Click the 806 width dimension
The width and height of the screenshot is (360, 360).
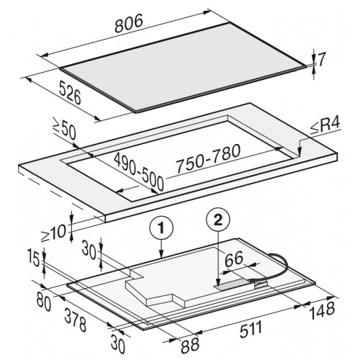coord(129,23)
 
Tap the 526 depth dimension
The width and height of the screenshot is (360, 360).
coord(70,92)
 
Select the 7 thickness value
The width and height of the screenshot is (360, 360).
coord(322,60)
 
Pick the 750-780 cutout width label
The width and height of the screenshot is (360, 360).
coord(208,158)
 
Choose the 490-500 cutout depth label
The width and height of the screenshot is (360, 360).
coord(139,171)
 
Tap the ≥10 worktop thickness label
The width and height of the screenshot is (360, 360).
coord(53,233)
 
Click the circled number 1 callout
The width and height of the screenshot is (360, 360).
coord(161,228)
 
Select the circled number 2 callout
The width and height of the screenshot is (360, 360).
coord(218,220)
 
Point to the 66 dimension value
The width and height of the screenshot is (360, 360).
coord(234,259)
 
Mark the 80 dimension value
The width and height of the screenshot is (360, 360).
coord(44,302)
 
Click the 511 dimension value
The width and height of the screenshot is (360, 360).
coord(251,329)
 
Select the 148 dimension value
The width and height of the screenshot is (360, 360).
coord(322,310)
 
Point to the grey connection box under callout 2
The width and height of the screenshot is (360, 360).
coord(234,285)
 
